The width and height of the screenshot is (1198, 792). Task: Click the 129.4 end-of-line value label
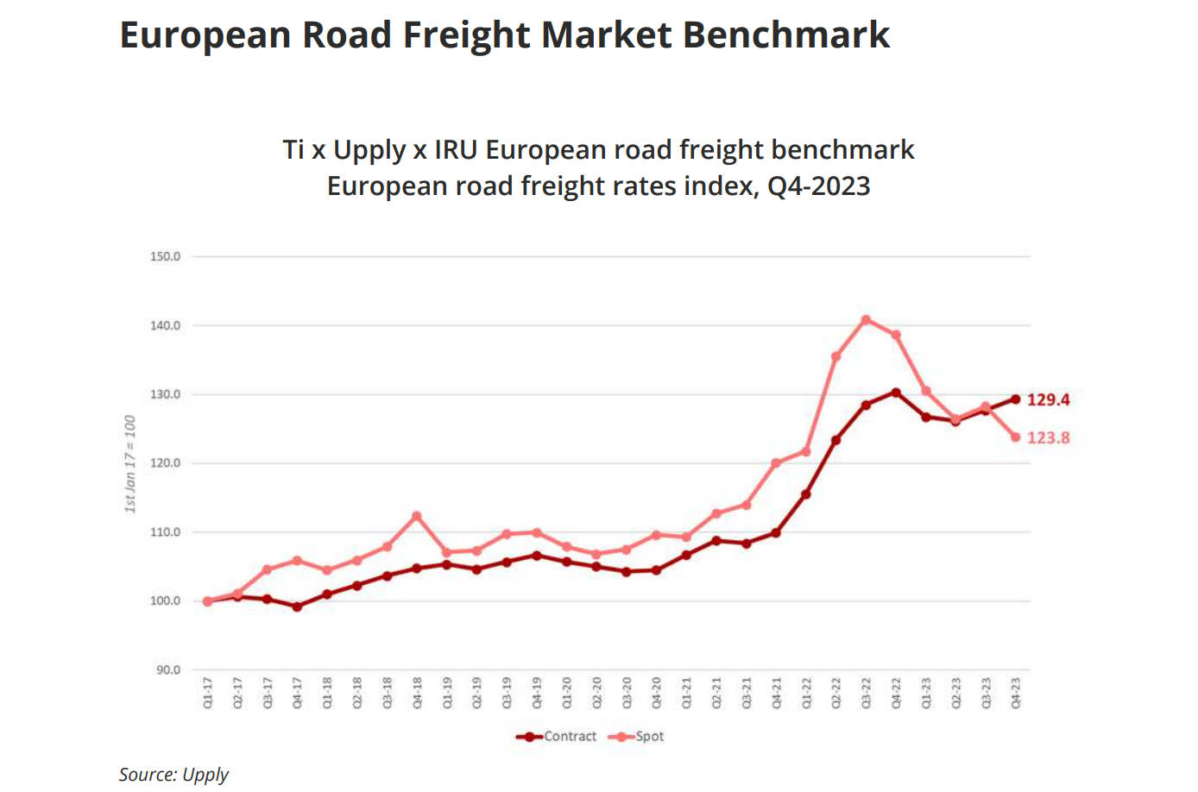(1048, 399)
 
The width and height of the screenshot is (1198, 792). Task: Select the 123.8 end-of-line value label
(1048, 437)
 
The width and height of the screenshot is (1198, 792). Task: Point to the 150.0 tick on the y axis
(165, 256)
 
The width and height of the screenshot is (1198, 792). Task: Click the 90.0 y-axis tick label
(167, 669)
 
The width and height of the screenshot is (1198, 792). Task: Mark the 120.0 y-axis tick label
(165, 463)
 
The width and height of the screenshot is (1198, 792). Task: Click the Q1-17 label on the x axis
(208, 693)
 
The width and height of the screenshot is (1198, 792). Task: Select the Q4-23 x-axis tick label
(1016, 693)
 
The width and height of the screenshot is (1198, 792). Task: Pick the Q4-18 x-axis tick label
(418, 693)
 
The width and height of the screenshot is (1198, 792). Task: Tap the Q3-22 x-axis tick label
(867, 693)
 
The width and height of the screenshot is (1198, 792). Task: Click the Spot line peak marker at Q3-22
(867, 320)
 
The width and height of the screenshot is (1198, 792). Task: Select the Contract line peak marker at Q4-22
(896, 393)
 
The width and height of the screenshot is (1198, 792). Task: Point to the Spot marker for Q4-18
(417, 516)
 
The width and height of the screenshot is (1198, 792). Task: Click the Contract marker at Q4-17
(297, 607)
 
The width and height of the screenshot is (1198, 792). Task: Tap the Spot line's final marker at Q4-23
(1016, 437)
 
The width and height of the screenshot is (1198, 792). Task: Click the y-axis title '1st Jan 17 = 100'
(130, 464)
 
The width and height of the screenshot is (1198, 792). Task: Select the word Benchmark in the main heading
(786, 35)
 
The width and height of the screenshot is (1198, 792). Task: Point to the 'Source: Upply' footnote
(173, 774)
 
